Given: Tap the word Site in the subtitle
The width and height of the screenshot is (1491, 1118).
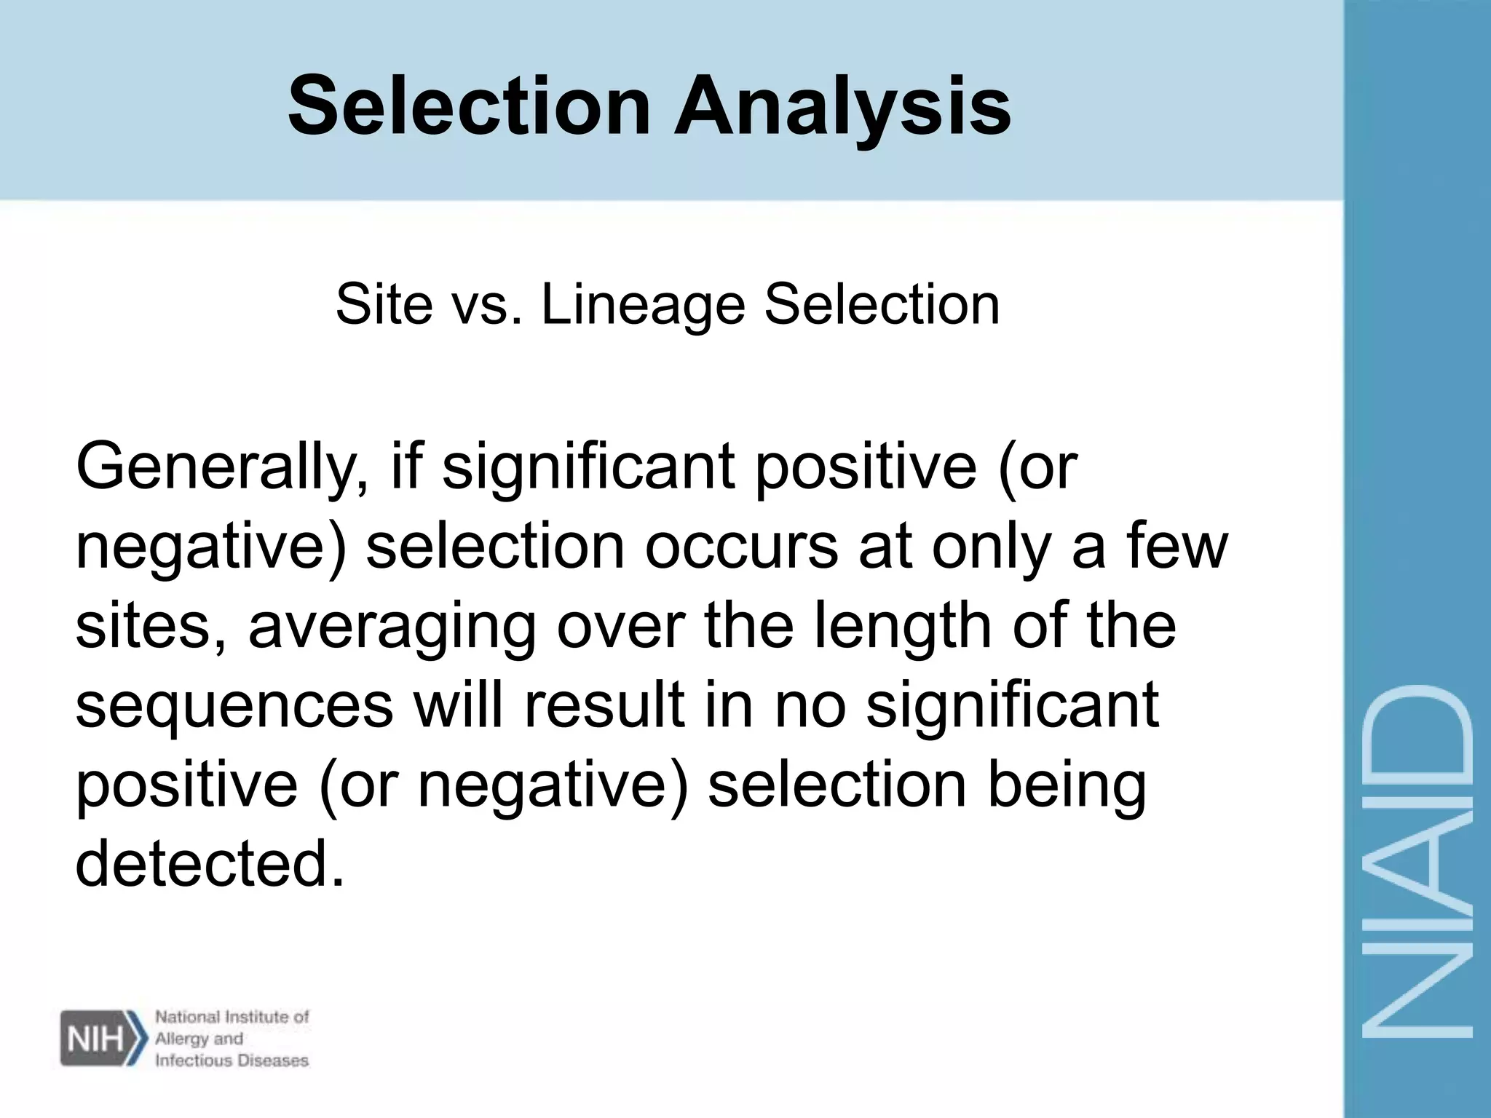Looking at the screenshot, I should click(384, 304).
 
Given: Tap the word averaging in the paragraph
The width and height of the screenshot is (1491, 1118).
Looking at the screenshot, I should click(392, 627).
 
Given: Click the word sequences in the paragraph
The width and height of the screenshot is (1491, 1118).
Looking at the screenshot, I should click(234, 706).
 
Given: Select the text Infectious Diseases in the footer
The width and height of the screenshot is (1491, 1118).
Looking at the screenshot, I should click(232, 1060).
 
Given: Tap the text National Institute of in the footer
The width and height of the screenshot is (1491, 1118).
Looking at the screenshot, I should click(232, 1017).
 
